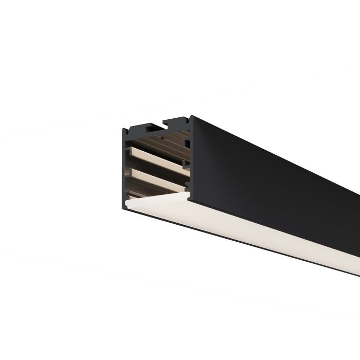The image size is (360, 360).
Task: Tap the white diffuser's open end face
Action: coord(154,203)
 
